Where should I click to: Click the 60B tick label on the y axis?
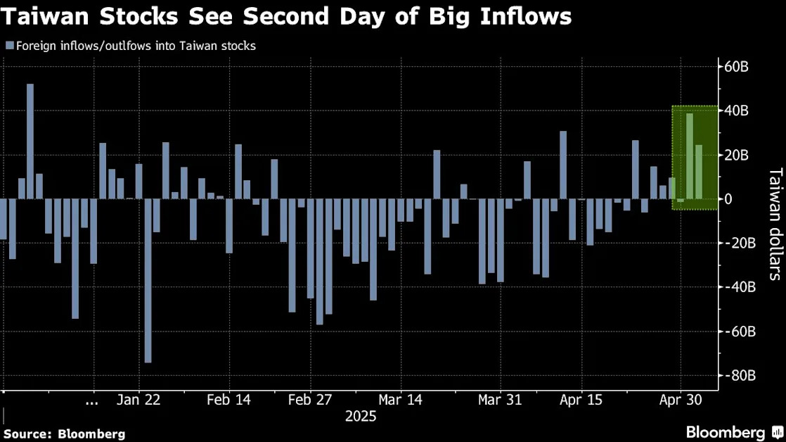(x=736, y=66)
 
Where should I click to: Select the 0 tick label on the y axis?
(x=728, y=199)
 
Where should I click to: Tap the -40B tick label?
(x=737, y=287)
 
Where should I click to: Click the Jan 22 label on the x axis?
(x=138, y=400)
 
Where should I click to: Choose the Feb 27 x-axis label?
(x=310, y=400)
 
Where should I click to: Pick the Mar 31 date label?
(x=500, y=400)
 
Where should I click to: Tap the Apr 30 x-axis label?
(x=681, y=400)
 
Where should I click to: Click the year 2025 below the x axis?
(x=361, y=417)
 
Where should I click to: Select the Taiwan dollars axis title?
(x=775, y=224)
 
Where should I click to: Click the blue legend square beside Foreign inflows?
(x=10, y=46)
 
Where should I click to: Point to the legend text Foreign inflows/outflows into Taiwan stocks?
(x=136, y=46)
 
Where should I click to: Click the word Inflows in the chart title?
(x=526, y=17)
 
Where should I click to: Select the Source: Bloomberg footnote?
(x=64, y=434)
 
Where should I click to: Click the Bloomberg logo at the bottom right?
(x=734, y=432)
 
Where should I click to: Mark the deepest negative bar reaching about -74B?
(x=148, y=280)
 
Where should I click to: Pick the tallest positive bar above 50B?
(x=30, y=141)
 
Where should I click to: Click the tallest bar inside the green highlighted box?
(x=690, y=156)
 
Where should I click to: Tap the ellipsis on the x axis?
(x=91, y=403)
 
